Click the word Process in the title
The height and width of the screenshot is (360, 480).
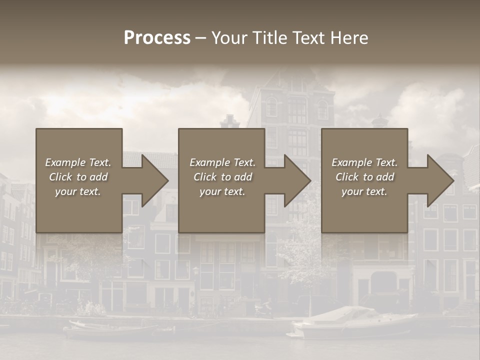[x=157, y=38]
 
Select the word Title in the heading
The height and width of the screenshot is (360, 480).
[x=268, y=38]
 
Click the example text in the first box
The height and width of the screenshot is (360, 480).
[x=78, y=177]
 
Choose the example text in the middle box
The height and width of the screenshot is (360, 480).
[x=222, y=177]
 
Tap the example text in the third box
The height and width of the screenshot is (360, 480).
[x=364, y=177]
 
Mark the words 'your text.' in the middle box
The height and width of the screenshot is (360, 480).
[x=222, y=191]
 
